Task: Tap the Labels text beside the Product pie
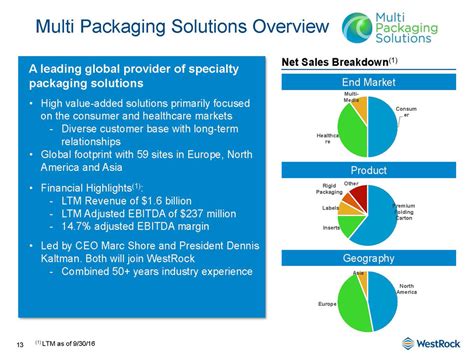(328, 207)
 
